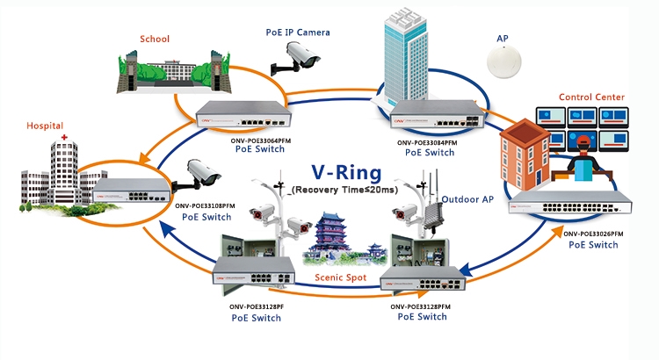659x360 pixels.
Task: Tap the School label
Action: [x=155, y=39]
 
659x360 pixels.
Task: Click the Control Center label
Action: [x=591, y=97]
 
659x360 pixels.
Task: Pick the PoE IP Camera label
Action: [x=298, y=32]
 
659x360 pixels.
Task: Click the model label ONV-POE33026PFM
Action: [x=593, y=234]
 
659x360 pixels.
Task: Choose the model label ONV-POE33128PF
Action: [x=256, y=306]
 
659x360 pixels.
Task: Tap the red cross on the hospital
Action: [x=64, y=139]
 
